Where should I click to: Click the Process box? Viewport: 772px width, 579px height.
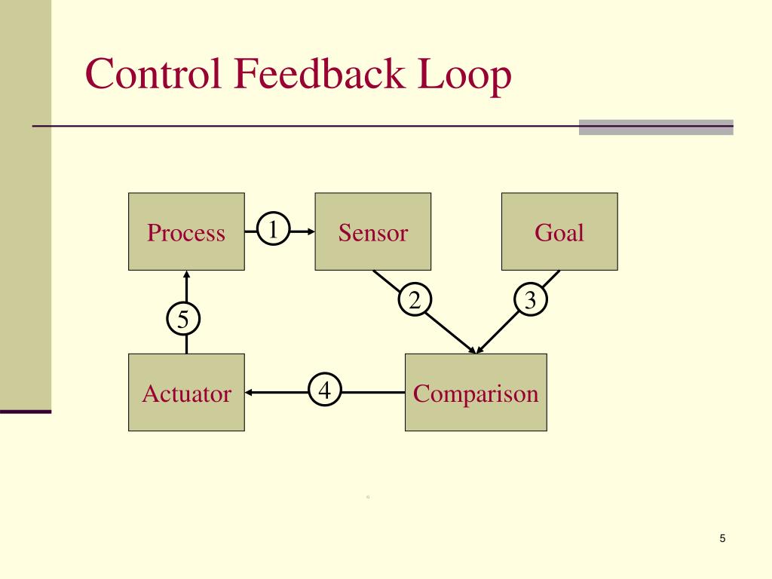coord(186,231)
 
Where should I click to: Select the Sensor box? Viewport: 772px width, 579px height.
coord(372,231)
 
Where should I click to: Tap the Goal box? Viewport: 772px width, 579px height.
coord(559,231)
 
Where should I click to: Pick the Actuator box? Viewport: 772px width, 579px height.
coord(186,392)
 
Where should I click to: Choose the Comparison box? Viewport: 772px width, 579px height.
coord(476,392)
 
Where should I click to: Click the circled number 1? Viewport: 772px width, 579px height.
coord(274,229)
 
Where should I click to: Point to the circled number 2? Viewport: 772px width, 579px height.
coord(415,300)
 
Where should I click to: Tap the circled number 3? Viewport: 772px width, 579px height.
coord(531,300)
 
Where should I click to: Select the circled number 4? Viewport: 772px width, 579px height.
coord(325,391)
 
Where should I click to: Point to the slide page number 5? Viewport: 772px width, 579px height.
coord(722,538)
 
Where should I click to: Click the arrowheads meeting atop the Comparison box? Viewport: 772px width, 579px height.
coord(476,350)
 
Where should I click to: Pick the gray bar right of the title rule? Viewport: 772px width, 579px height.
coord(656,127)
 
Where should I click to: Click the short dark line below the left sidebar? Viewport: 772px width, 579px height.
coord(26,412)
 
